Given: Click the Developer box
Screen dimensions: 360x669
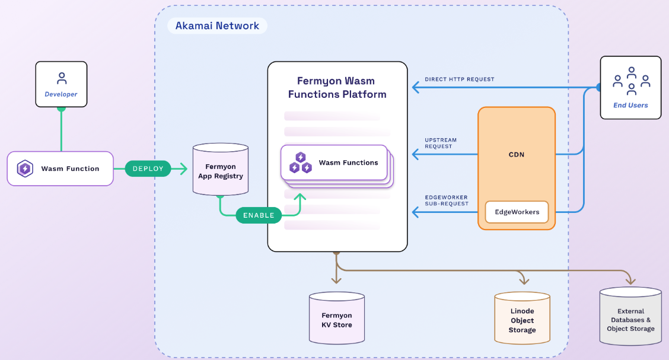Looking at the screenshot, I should (x=61, y=84).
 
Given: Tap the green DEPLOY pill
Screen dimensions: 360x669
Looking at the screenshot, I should (x=148, y=168).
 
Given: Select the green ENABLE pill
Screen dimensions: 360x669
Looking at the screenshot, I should (x=259, y=215).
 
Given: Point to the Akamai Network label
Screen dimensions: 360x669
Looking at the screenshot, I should (x=217, y=26).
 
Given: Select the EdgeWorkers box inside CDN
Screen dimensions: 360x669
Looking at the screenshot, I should (x=516, y=212).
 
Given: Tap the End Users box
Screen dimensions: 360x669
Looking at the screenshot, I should (x=630, y=87).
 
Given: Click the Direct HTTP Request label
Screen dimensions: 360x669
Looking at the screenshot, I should (x=459, y=79).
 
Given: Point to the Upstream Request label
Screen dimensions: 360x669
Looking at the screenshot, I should (x=440, y=143).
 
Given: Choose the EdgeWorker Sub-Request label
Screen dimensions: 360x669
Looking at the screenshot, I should (x=446, y=200).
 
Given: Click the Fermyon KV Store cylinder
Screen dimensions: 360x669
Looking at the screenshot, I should (x=337, y=319).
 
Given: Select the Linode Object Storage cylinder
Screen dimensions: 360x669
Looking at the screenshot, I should (x=522, y=319).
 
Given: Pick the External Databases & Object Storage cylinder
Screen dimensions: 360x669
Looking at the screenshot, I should (x=630, y=317).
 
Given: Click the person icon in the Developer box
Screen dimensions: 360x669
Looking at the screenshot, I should (x=61, y=78).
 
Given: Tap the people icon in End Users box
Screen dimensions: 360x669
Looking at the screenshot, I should (x=631, y=81).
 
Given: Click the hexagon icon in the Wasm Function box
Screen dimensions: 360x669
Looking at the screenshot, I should (x=25, y=168).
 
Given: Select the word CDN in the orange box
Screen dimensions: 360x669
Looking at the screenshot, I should (x=516, y=155).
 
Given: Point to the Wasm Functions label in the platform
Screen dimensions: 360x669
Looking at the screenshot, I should (x=348, y=163).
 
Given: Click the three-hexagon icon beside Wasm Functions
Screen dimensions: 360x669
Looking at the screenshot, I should (x=300, y=163).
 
